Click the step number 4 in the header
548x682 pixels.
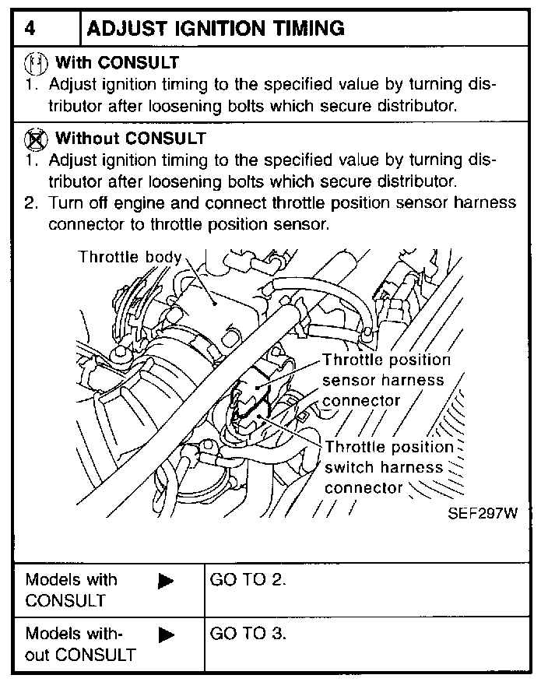pos(30,29)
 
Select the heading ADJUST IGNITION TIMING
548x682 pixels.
pos(216,29)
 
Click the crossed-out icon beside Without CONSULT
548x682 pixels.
pos(36,139)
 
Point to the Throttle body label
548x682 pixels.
pos(129,257)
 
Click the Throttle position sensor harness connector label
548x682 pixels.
pos(386,380)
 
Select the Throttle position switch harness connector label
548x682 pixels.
pos(387,468)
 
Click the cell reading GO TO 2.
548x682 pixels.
pos(248,580)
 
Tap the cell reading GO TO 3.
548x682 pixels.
pos(248,633)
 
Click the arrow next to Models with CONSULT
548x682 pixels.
pos(166,581)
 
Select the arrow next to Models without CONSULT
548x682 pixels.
pos(166,635)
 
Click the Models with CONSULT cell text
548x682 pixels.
pos(70,590)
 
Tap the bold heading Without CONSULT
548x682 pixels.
pos(130,139)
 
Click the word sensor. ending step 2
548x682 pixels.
pos(307,224)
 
